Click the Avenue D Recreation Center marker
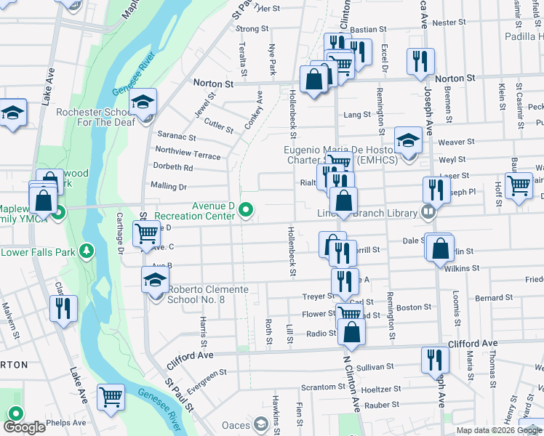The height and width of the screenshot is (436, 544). [x=247, y=211]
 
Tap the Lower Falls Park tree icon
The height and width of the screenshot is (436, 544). [x=87, y=251]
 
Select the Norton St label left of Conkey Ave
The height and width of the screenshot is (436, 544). [x=213, y=84]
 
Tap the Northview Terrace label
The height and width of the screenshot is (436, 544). [x=188, y=156]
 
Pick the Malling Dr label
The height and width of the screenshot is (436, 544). [x=168, y=187]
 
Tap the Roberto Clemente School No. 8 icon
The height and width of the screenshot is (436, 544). [x=155, y=279]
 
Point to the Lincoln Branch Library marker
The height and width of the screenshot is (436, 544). [x=428, y=212]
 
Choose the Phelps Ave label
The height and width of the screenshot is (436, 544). [x=66, y=422]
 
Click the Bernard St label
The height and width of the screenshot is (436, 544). [x=494, y=298]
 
